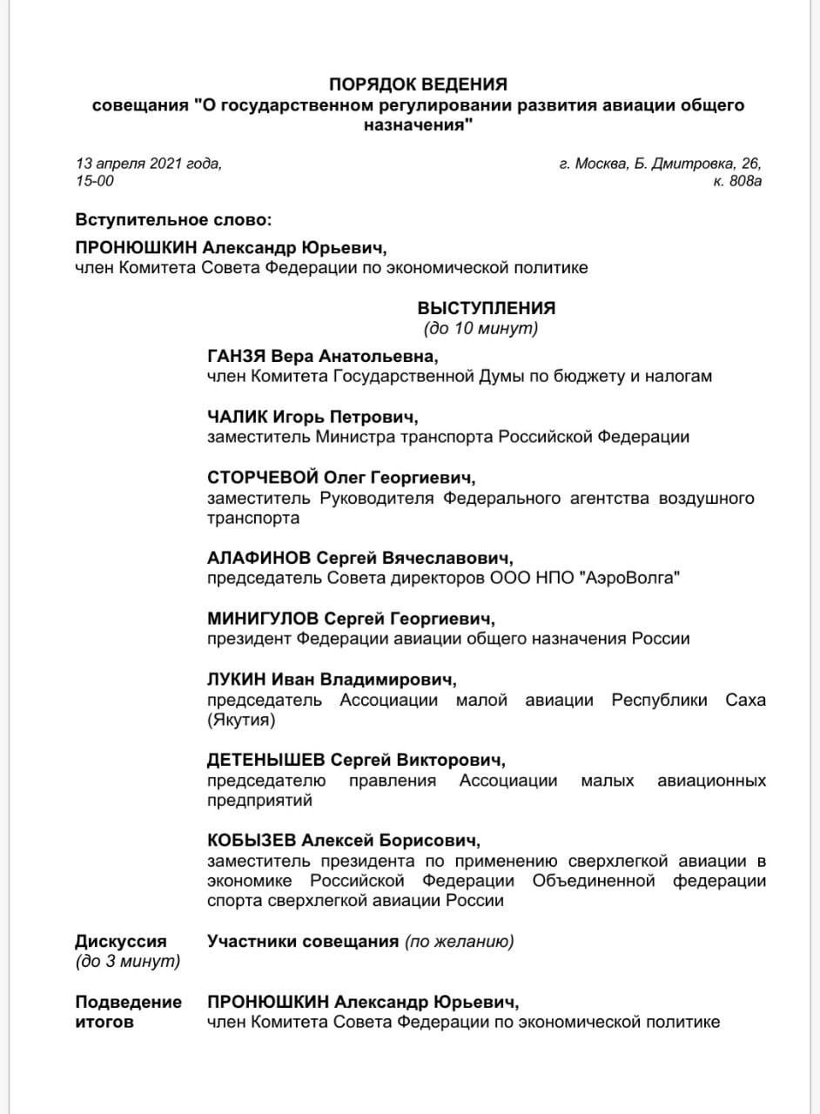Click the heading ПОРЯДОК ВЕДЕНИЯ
pos(418,84)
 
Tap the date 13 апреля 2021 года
pos(149,163)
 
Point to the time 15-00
pos(95,181)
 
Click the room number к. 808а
pos(737,181)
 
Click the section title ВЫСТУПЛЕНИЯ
pos(487,308)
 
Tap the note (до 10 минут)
pos(481,328)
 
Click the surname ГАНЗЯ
pos(237,357)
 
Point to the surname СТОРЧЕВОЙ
pos(263,477)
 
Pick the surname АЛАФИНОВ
pos(258,557)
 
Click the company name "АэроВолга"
pos(627,578)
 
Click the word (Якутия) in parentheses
pos(241,720)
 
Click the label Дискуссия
pos(121,941)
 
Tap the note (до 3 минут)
pos(128,961)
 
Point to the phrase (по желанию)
pos(459,941)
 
